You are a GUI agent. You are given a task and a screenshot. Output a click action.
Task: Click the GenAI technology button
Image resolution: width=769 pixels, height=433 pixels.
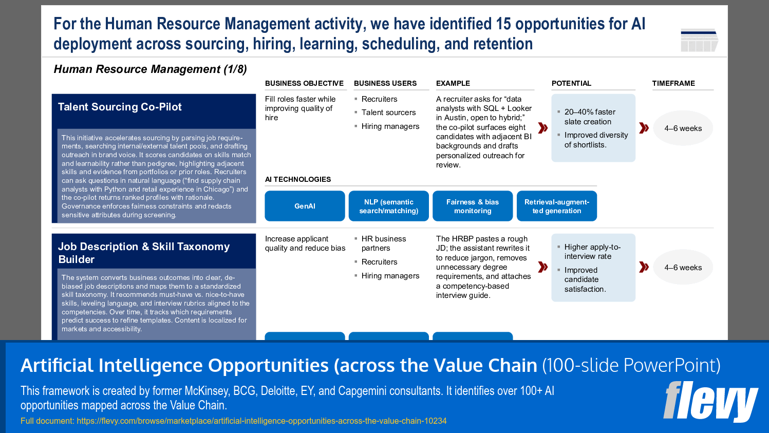coord(305,206)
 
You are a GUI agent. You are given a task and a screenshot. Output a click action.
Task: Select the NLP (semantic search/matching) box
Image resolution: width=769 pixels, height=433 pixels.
coord(388,206)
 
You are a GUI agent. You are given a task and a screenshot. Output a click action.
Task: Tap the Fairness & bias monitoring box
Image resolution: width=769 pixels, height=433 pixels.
coord(473,206)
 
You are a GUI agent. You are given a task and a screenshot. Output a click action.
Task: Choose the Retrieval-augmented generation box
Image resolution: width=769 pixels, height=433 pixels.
coord(556,206)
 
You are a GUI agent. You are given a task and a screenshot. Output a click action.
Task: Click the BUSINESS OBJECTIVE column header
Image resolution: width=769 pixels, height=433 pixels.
coord(304,83)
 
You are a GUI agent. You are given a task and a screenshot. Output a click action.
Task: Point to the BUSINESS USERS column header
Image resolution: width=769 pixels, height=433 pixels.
coord(385,83)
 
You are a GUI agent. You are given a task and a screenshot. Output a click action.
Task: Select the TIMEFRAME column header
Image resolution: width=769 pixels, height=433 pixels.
coord(673,83)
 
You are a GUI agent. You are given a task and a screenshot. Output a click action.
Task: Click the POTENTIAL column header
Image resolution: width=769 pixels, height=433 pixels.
coord(571,83)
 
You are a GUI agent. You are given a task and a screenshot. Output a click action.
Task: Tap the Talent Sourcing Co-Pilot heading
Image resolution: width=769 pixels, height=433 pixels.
coord(120,107)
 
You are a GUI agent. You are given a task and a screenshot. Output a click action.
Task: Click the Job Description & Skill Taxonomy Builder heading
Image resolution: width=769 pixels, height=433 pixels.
coord(144,253)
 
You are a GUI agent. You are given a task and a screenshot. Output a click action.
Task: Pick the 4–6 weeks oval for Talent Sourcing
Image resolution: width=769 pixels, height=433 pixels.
coord(683,128)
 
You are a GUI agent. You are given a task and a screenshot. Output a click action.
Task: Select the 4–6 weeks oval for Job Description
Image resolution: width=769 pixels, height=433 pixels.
coord(683,268)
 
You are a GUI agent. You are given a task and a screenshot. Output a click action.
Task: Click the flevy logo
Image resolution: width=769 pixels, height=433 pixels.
coord(710,401)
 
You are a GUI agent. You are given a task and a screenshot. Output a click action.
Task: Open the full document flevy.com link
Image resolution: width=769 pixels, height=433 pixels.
coord(261,421)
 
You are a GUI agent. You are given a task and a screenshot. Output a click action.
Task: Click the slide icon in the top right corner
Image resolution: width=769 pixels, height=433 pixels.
coord(699,40)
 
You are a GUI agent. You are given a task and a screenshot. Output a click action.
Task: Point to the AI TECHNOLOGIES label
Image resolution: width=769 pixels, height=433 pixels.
coord(298,179)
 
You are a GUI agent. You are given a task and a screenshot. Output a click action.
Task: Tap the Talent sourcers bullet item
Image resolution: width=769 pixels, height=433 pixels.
coord(388,112)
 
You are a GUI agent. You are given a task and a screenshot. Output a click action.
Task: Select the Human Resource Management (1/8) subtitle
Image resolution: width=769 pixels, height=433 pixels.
coord(150,69)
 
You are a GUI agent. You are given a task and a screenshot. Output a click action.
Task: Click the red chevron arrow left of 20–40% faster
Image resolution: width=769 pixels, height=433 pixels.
coord(542,128)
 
